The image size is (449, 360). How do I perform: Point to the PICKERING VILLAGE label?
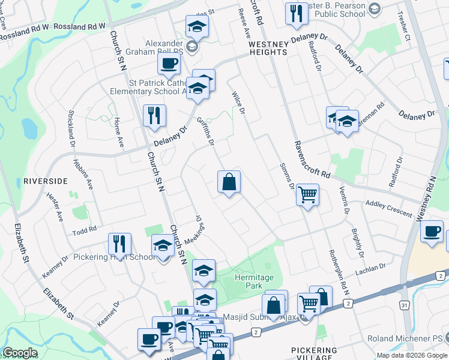click(314, 353)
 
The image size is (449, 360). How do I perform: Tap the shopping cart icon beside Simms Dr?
click(307, 195)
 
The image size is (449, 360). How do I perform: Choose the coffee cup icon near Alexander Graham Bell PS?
click(169, 63)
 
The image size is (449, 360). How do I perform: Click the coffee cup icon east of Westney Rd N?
click(432, 232)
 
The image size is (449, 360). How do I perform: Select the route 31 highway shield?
click(405, 305)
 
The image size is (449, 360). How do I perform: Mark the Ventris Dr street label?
click(345, 197)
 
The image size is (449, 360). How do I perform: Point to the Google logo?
click(20, 353)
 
